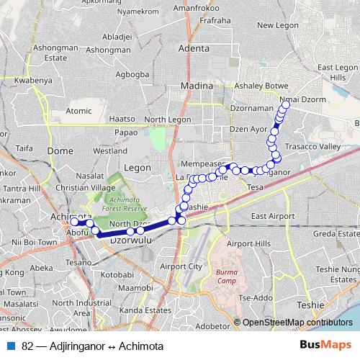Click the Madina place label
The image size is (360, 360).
(x=197, y=85)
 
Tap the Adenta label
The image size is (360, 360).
(x=194, y=49)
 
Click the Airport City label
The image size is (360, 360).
(x=183, y=266)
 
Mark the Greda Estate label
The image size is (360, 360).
(x=336, y=234)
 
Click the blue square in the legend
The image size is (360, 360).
(x=11, y=346)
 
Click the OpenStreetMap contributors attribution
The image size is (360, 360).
(x=298, y=323)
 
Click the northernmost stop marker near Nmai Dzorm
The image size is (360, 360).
(x=286, y=104)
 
